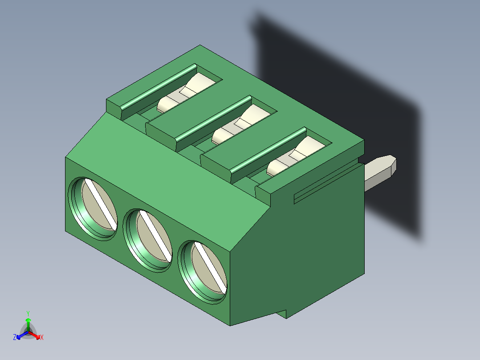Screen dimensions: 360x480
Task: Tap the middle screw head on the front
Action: tap(148, 239)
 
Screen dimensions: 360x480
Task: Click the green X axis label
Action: tap(42, 337)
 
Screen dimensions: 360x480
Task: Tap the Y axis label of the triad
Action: tap(28, 313)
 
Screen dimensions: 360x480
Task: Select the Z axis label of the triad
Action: tap(15, 337)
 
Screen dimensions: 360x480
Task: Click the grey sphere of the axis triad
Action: tap(28, 331)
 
